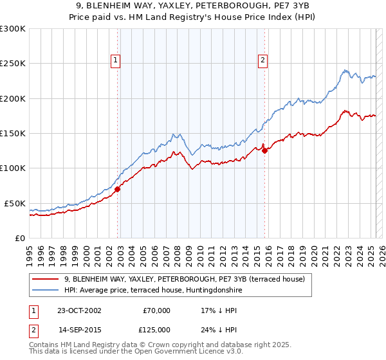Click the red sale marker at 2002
(118, 190)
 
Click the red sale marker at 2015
(264, 152)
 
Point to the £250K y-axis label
(12, 64)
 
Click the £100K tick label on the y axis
(12, 168)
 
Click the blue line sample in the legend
(46, 291)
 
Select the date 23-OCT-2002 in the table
(78, 310)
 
